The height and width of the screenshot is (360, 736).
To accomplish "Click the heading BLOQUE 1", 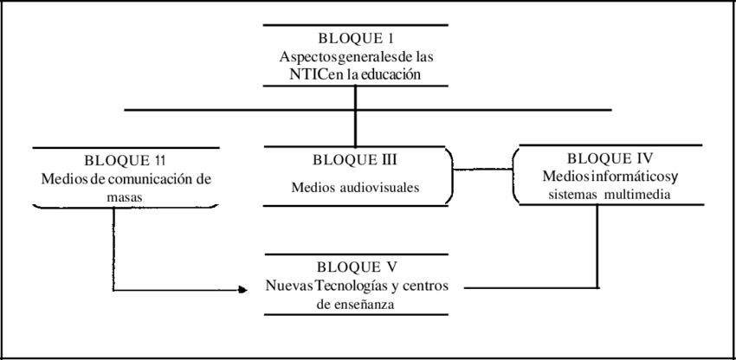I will (355, 39).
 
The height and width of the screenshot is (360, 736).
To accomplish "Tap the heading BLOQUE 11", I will (125, 161).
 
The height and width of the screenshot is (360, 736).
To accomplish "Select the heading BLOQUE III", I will (355, 160).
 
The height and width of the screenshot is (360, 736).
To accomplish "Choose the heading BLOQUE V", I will (357, 267).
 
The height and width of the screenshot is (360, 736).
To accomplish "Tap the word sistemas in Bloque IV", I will (567, 195).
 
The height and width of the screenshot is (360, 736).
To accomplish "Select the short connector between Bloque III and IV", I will (481, 170).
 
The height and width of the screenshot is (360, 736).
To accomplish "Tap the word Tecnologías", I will (339, 286).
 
